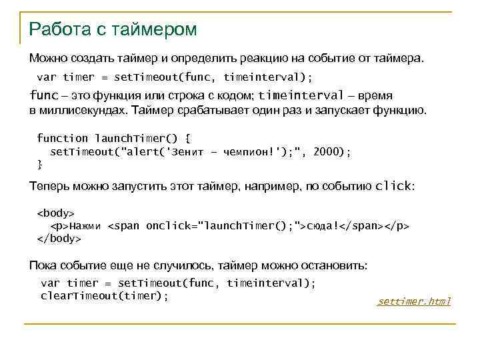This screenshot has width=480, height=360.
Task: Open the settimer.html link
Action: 414,301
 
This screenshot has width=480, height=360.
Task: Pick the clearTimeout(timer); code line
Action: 105,295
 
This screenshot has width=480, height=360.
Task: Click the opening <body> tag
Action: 55,213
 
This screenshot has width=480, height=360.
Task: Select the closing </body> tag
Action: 59,238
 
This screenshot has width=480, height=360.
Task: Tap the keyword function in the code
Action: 62,138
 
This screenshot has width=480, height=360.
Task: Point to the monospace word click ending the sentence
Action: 394,186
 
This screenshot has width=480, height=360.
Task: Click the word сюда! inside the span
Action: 323,225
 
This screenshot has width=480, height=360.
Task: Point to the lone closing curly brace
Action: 39,163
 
